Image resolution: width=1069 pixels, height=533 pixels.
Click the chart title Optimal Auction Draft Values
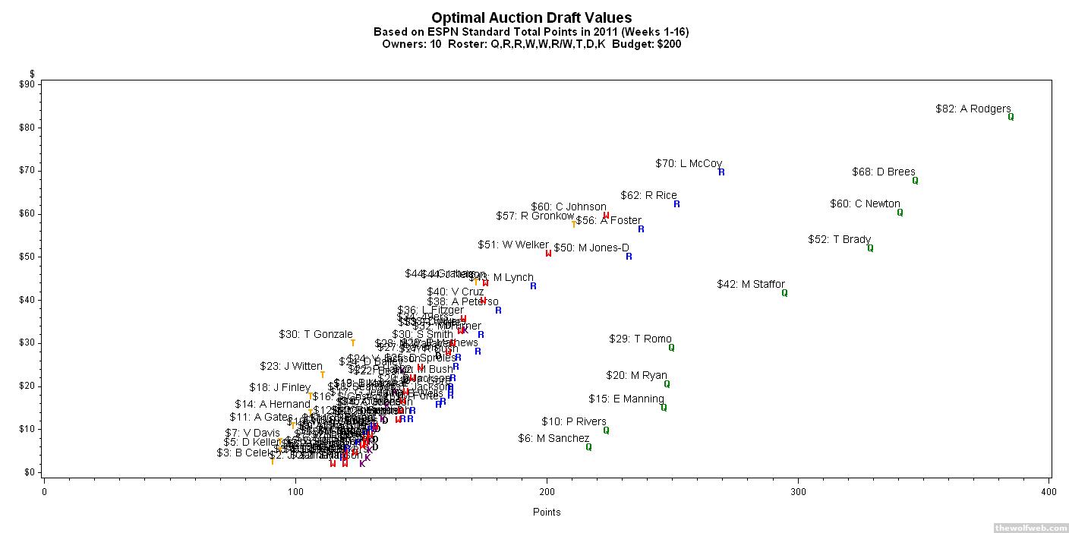(531, 17)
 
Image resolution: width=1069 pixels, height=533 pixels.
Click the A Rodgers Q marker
(1011, 117)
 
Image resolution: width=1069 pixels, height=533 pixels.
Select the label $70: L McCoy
(688, 163)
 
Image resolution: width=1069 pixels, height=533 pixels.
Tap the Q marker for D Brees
(915, 181)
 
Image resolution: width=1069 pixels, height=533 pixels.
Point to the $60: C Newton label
(865, 203)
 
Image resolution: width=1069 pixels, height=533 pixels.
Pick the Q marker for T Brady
(870, 248)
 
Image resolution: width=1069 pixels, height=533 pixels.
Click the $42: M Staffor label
(750, 284)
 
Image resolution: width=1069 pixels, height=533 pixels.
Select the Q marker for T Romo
(671, 348)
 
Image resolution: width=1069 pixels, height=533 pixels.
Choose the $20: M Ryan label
(636, 375)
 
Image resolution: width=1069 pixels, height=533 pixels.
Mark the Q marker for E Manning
(664, 408)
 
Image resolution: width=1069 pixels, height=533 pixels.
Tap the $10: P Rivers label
(573, 421)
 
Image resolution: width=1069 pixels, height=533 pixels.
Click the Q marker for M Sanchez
(588, 447)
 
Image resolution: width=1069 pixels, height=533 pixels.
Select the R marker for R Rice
(676, 204)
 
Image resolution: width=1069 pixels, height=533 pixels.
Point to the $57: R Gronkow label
(534, 216)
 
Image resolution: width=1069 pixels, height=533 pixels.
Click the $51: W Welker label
(512, 244)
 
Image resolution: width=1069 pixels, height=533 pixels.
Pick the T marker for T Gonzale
(353, 343)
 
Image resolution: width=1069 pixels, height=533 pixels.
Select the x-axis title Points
(546, 512)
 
